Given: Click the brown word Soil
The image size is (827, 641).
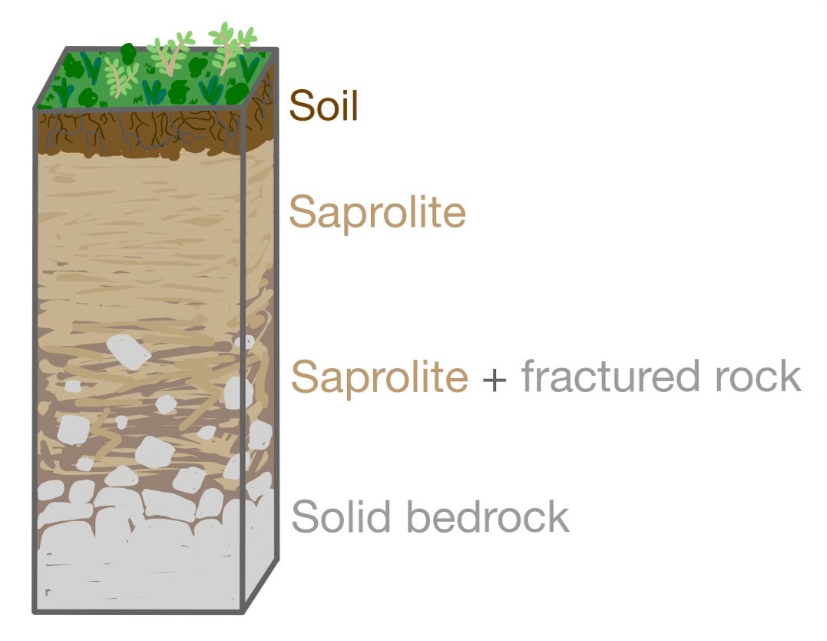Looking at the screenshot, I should tap(323, 106).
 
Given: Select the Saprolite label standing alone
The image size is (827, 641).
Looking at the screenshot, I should tap(377, 211).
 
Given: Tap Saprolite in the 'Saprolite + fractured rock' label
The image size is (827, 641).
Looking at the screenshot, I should tap(379, 377).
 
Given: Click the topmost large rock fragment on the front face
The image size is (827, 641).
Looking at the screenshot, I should tap(127, 350).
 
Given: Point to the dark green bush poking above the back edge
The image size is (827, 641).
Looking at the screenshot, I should tap(127, 54).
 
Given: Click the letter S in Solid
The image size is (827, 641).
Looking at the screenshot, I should tap(306, 516).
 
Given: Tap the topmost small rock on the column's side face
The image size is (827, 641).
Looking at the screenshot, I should tap(247, 340).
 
